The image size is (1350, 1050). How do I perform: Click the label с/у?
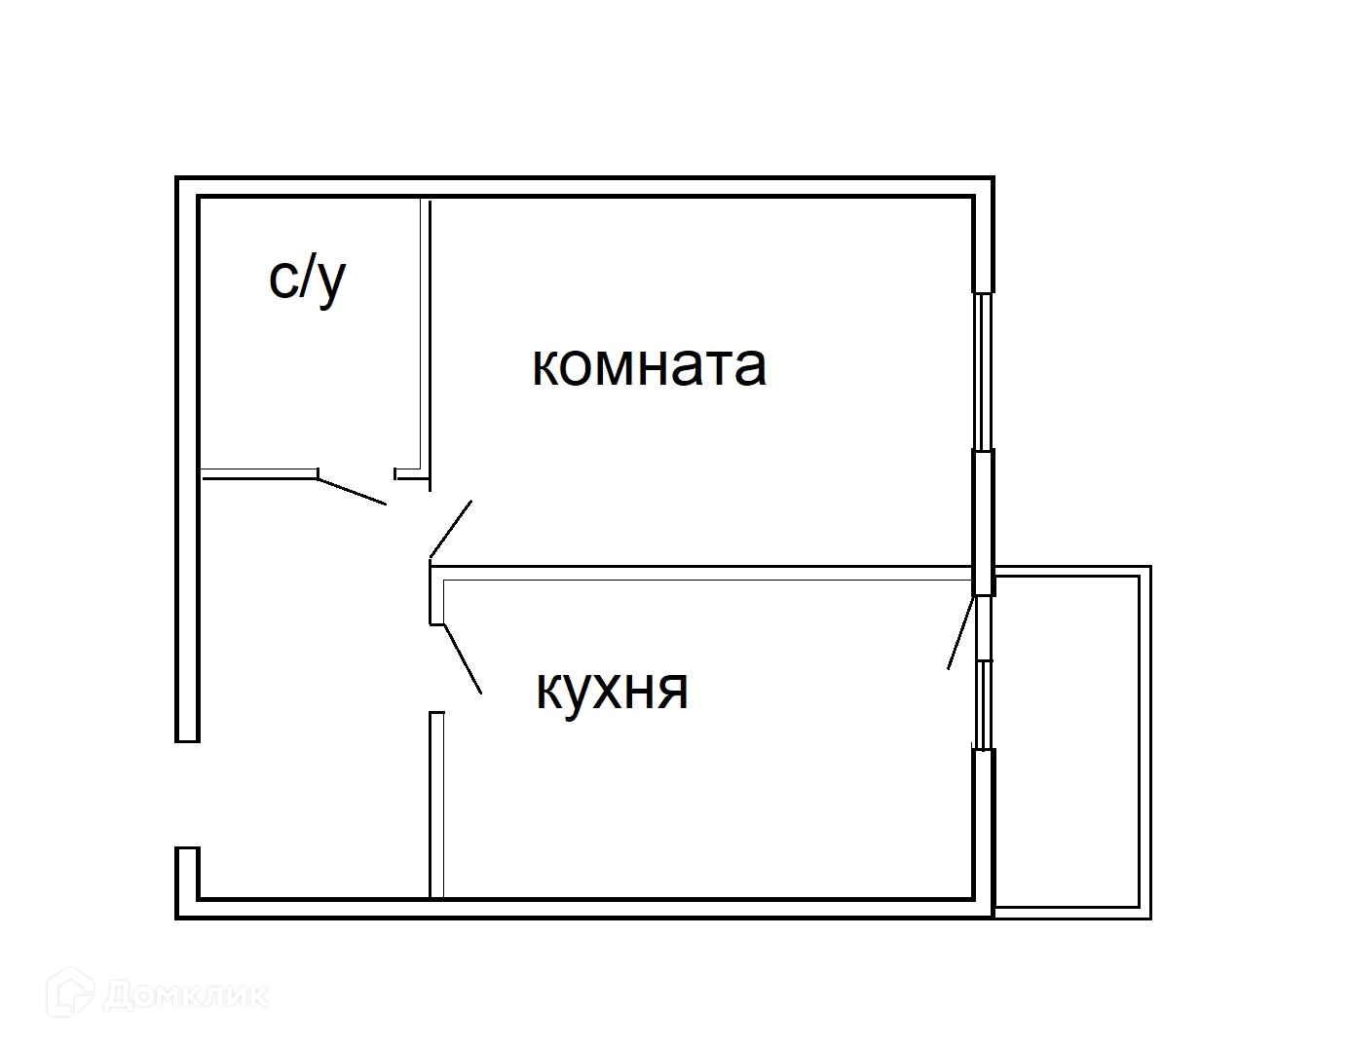pos(307,281)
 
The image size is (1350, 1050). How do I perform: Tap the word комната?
pos(649,366)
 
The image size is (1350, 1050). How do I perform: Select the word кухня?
pos(612,690)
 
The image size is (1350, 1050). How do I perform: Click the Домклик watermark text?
pos(185,995)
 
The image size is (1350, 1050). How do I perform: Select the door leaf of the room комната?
pos(451,530)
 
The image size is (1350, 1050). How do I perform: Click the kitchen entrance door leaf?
pos(463,659)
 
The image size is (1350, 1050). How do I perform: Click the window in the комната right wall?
pos(984,371)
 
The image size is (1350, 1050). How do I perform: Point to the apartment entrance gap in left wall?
pos(187,794)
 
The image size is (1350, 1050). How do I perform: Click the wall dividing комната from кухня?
pos(701,573)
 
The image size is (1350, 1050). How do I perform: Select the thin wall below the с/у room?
pos(258,474)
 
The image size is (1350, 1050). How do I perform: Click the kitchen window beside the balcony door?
pos(985,703)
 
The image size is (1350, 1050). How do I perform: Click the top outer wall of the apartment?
pos(584,187)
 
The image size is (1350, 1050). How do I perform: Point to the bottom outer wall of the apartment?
pos(584,907)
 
